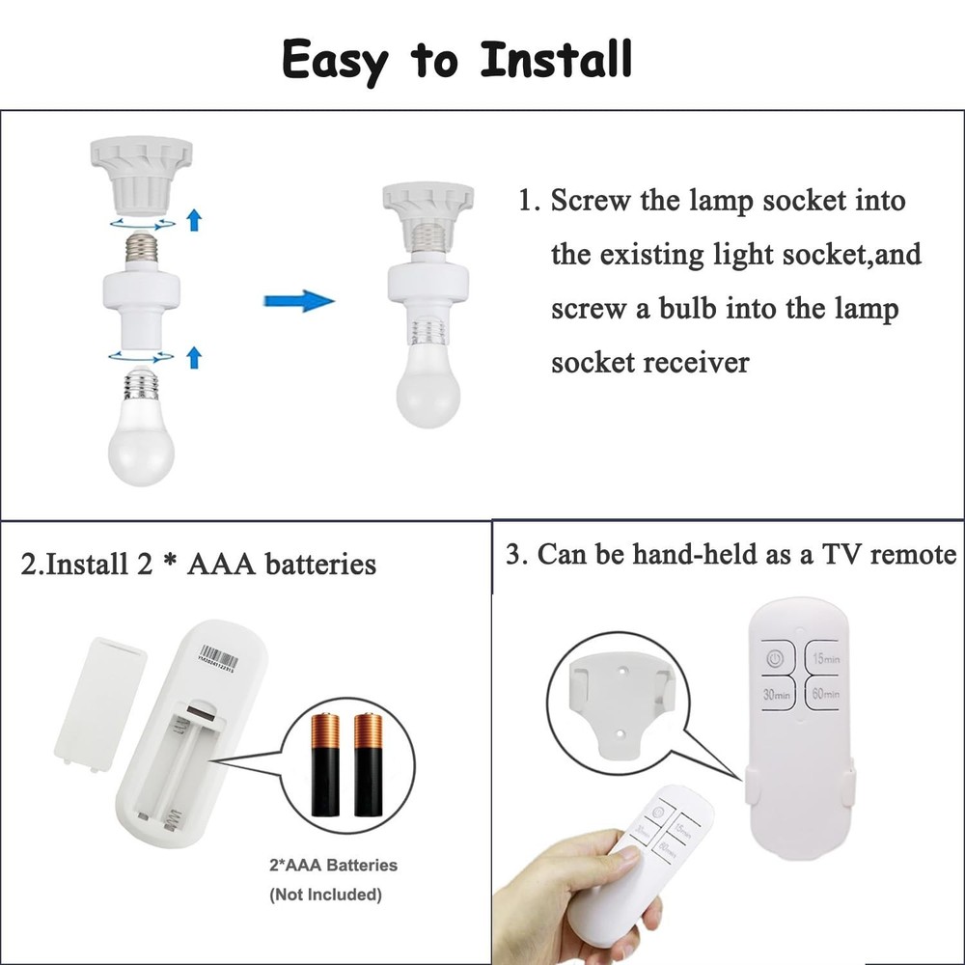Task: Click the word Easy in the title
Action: coord(336,61)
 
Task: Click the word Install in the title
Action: coord(557,59)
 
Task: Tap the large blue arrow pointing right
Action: coord(298,301)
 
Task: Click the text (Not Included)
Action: coord(324,895)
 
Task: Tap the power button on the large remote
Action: coord(774,661)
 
